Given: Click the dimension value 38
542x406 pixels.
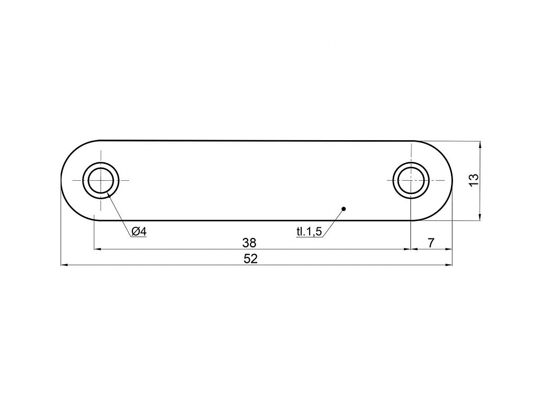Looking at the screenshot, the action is coord(249,243).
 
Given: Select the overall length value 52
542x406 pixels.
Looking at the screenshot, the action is coord(250,259).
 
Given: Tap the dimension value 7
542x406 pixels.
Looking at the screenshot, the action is coord(431,243).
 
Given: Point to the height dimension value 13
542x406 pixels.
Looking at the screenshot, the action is coord(474,180).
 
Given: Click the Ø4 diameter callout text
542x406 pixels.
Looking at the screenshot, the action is coord(139,232).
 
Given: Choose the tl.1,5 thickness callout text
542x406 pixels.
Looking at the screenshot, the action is coord(309,232).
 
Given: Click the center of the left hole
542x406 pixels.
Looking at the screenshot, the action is coord(101,180).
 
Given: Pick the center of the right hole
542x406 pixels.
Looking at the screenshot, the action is coord(411,180).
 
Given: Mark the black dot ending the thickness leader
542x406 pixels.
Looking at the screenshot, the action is coord(343,208).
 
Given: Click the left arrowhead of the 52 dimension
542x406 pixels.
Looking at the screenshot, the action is coord(64,265).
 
